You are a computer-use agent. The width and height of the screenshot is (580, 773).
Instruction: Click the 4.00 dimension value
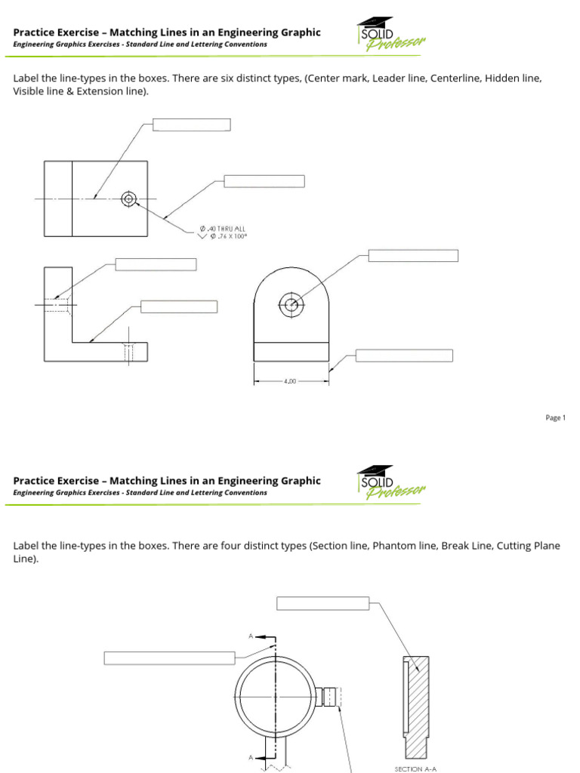290,382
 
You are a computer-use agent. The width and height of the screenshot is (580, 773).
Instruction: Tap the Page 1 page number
555,418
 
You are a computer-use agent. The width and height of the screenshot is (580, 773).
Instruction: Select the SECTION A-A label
416,768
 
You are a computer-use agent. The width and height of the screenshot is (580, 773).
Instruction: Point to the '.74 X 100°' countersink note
228,236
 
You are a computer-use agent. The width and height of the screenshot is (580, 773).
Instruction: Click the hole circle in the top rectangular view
128,199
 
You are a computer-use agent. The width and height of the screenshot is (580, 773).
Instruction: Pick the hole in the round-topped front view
291,305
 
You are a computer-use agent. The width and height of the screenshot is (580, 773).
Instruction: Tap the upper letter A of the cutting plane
251,636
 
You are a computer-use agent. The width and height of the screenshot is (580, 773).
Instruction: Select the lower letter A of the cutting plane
251,756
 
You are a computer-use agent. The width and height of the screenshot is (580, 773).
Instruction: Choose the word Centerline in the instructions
455,79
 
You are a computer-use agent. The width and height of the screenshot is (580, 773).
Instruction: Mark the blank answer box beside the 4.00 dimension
404,356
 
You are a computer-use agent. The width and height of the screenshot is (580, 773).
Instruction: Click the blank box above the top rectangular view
192,125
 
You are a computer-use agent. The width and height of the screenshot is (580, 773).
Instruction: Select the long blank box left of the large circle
169,658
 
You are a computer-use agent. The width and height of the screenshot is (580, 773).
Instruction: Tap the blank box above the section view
322,602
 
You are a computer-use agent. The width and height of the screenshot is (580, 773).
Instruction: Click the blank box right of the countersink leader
264,181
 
